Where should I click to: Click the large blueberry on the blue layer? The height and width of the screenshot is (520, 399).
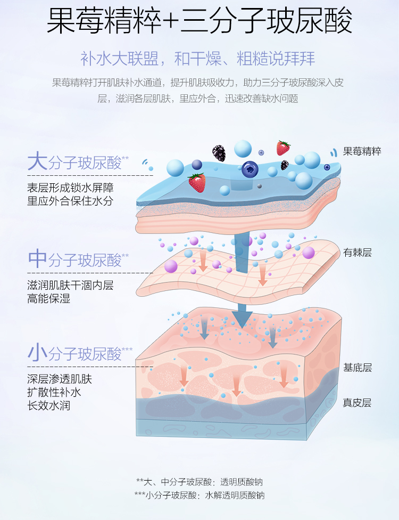point(250,169)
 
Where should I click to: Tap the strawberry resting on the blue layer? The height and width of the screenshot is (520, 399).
point(197,183)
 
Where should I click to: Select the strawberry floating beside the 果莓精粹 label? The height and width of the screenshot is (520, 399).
point(283,148)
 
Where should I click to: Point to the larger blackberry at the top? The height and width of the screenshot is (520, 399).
point(219,153)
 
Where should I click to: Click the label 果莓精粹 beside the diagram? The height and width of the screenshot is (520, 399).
point(362,151)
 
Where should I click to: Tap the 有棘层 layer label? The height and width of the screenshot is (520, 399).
point(358,253)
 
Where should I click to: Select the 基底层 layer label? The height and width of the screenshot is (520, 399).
point(358,368)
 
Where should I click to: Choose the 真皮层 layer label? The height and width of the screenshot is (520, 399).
point(358,403)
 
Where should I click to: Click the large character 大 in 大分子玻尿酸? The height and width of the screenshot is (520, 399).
point(37,161)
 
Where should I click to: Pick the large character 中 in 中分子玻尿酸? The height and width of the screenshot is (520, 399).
point(37,259)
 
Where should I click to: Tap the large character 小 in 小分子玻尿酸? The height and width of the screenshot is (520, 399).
point(37,353)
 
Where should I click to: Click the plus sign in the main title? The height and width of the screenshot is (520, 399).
point(170,22)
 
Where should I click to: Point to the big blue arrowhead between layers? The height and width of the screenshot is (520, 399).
point(242,318)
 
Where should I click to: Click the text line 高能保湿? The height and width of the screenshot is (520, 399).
point(49,299)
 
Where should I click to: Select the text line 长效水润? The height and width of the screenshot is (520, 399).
point(49,405)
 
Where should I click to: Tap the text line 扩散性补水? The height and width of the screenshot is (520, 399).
point(54,393)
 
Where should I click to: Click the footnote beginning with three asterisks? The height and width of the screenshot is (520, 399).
point(199,495)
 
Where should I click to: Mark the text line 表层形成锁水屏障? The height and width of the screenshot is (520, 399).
point(70,188)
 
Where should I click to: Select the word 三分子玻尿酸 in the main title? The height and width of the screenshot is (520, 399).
point(267,22)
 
